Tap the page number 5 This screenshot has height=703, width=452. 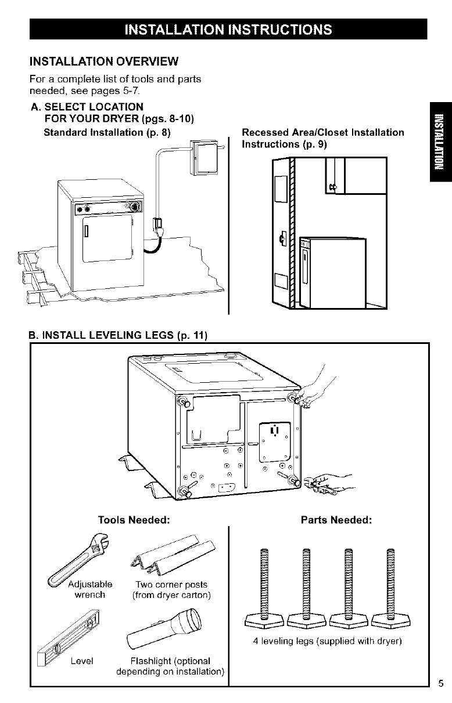point(441,683)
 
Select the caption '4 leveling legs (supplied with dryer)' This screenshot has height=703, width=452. point(328,642)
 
